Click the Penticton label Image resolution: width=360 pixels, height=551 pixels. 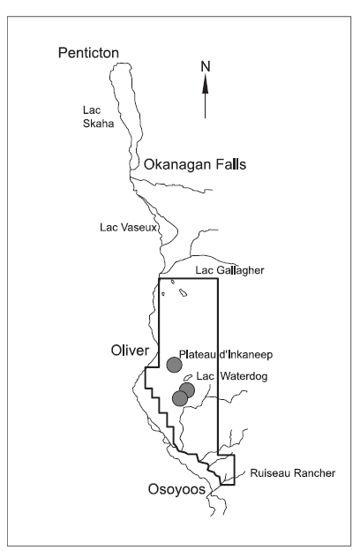click(88, 54)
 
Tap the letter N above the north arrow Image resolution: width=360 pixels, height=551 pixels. click(205, 66)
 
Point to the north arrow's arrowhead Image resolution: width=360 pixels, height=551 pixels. click(205, 84)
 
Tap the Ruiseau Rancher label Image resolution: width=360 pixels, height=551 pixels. click(289, 473)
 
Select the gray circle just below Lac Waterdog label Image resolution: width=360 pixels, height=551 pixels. click(187, 389)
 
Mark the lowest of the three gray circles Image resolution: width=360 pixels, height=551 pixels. click(180, 399)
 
